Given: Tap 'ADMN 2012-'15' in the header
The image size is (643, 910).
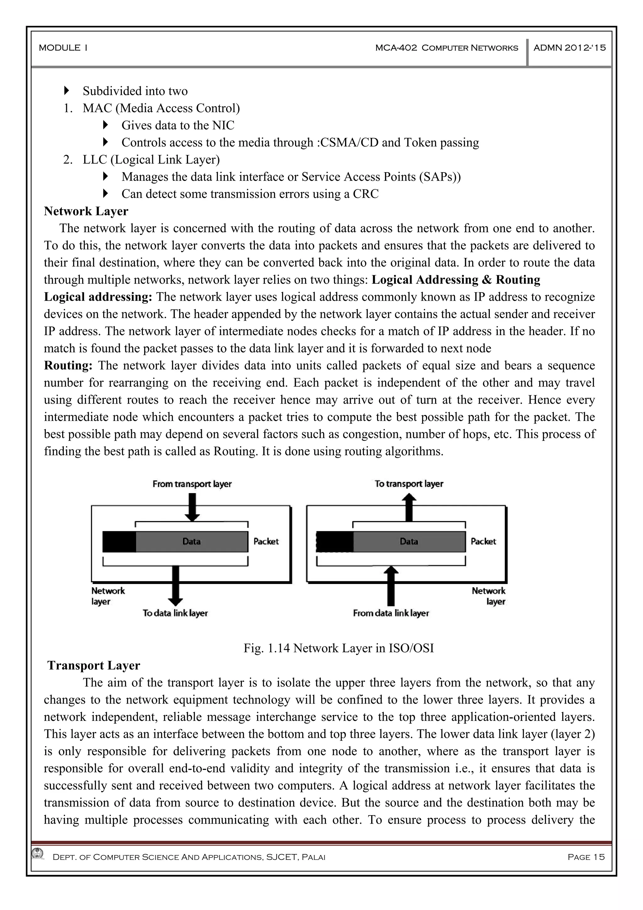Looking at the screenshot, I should (x=569, y=48).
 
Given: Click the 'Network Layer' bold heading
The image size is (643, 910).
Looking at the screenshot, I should (x=86, y=211).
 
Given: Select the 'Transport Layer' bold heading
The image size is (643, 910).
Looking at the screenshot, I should (x=94, y=665).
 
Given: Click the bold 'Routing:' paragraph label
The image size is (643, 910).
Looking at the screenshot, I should (x=68, y=365).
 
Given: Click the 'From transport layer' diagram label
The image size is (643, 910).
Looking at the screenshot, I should (x=192, y=484).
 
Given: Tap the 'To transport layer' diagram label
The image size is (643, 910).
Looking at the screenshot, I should (x=409, y=484).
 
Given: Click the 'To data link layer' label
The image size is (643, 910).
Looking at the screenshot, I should (x=175, y=613).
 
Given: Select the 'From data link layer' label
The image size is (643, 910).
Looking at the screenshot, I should (x=391, y=613).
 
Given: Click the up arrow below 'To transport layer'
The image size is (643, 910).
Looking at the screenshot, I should (x=409, y=508).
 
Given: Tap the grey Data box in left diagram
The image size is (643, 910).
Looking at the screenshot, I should (x=191, y=542).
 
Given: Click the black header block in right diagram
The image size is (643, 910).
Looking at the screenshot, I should (x=335, y=542).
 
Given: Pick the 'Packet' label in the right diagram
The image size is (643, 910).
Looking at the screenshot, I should (x=483, y=542).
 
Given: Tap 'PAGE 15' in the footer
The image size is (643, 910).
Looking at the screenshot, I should (x=586, y=857).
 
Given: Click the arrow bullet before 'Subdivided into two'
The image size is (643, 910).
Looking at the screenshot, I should (x=66, y=91).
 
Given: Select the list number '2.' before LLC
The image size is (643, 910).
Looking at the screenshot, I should (x=68, y=160).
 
